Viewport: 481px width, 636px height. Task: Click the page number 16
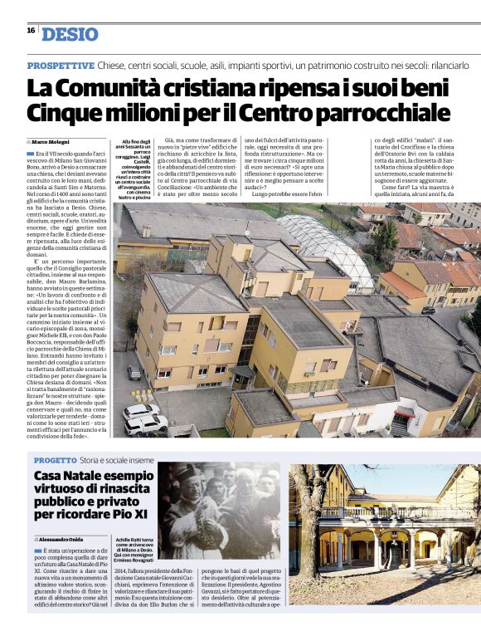[30, 31]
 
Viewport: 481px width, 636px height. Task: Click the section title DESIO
[70, 34]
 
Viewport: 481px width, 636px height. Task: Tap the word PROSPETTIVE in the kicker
[60, 65]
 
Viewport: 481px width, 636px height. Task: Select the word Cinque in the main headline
[64, 111]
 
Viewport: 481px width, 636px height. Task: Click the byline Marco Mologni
[51, 142]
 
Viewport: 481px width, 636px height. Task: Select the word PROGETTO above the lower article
[56, 459]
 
